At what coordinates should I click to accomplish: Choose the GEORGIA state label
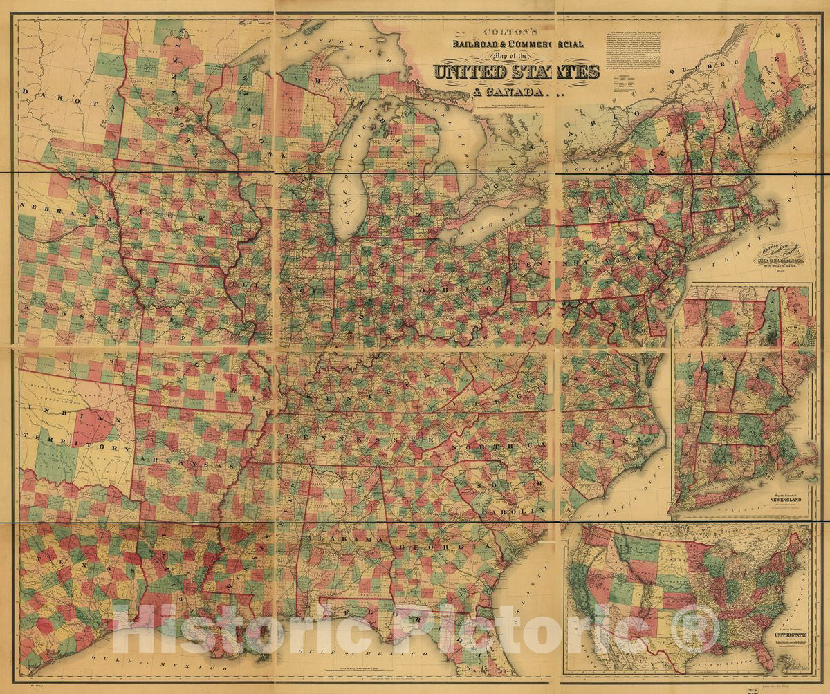click(x=443, y=546)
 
